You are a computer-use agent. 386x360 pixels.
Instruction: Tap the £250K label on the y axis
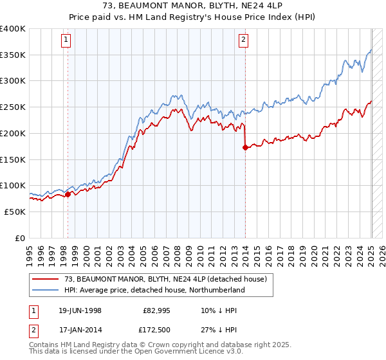(13, 107)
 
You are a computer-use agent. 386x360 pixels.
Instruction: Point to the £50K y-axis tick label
(15, 212)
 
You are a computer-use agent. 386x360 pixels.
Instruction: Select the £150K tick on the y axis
(13, 159)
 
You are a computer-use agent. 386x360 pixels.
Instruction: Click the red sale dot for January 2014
(245, 147)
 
